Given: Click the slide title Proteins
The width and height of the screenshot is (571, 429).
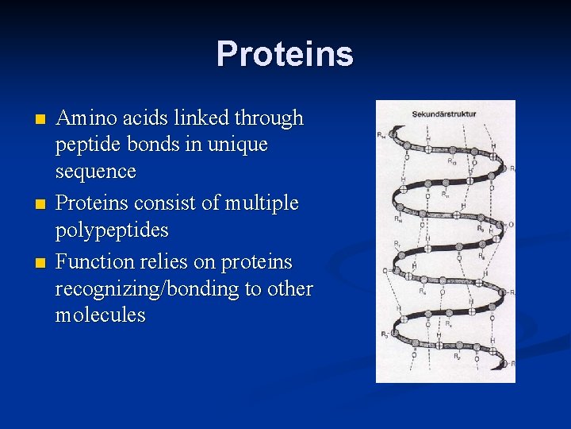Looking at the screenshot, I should click(285, 54).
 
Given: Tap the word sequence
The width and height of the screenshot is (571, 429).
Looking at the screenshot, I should click(95, 172).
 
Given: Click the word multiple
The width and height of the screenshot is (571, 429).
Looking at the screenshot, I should click(260, 203).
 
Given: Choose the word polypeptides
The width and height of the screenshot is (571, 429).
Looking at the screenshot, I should click(112, 230).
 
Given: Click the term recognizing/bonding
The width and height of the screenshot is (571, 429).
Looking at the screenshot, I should click(148, 289).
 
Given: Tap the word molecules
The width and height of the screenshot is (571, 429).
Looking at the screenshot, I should click(101, 315).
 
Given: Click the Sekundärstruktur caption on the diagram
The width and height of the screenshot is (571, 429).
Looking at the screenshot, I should click(443, 114).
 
